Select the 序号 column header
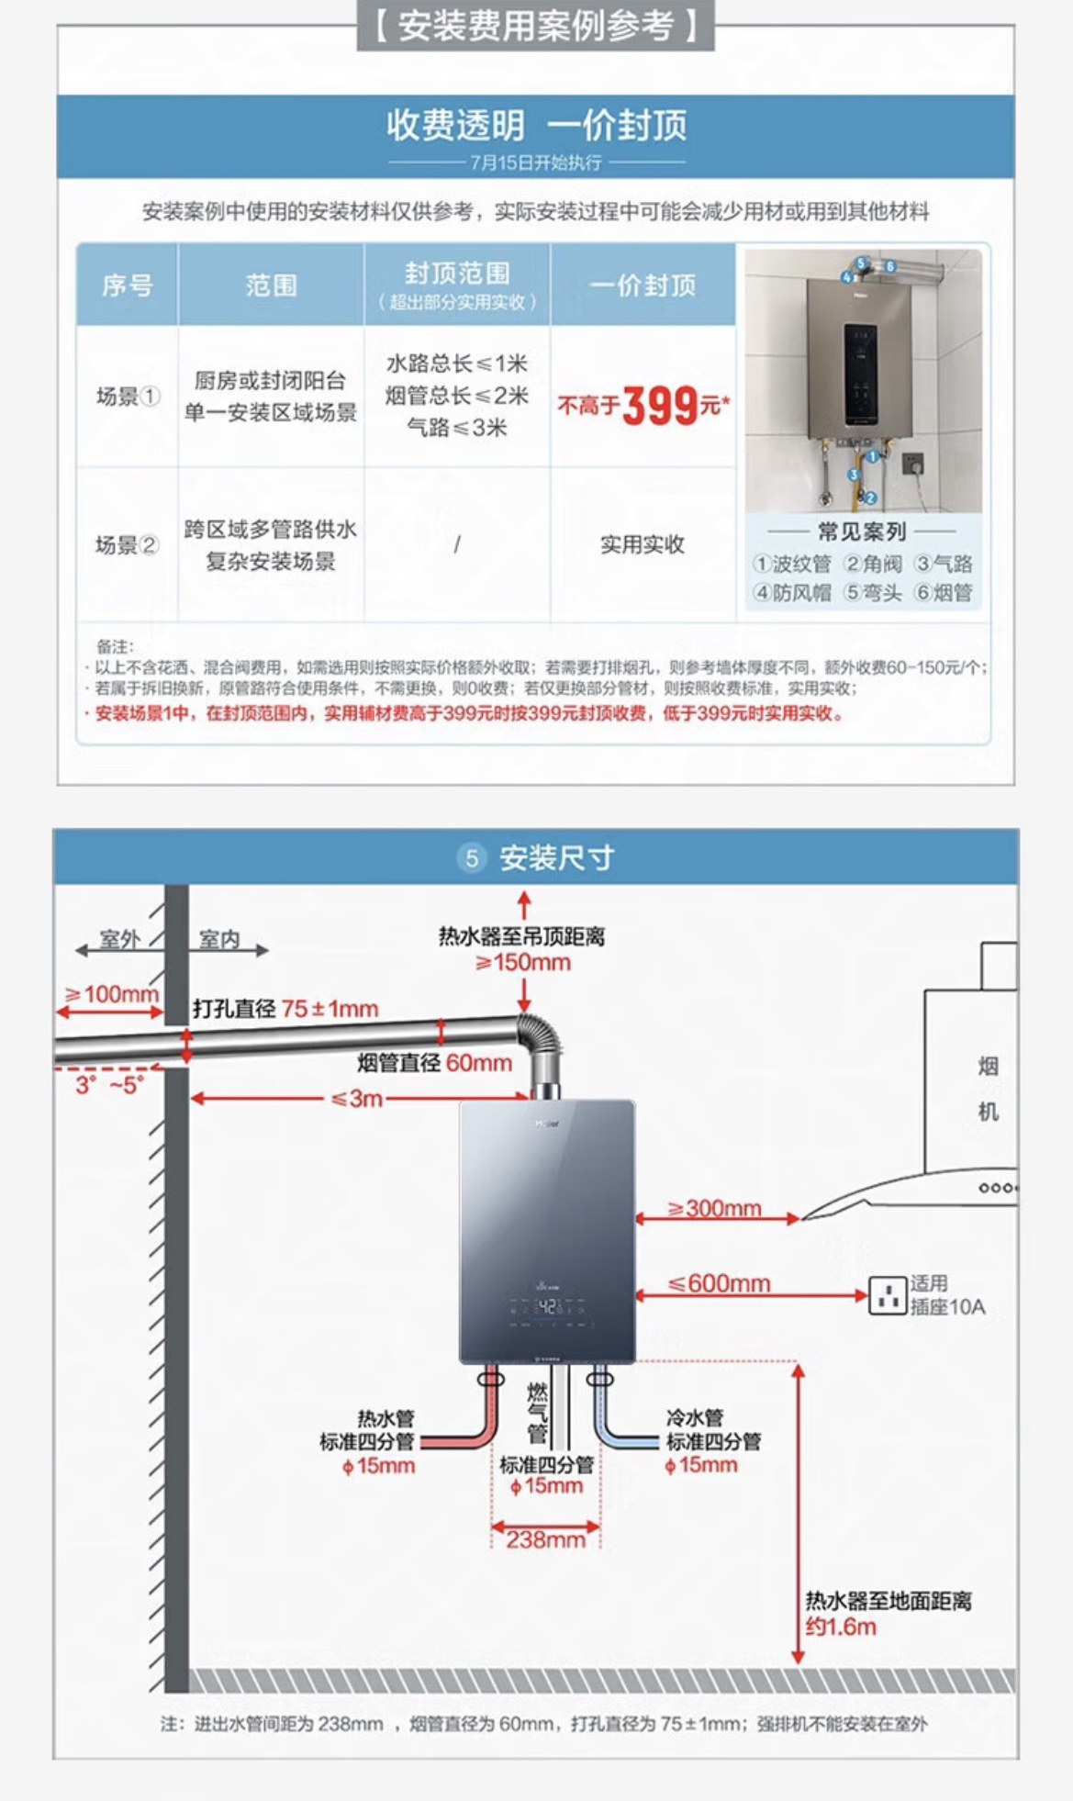127,285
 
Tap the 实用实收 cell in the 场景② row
643,544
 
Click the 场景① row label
128,397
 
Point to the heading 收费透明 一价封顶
536,126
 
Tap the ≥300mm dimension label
715,1208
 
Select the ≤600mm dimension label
719,1283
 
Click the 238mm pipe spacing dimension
545,1539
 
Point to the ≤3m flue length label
357,1098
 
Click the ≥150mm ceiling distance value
523,963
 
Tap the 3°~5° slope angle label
108,1085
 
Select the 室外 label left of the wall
119,939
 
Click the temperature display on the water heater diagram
547,1304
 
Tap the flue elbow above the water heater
542,1038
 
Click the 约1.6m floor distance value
841,1628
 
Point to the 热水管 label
386,1418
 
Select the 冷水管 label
695,1418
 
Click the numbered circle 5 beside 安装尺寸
472,858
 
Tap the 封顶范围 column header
457,274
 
